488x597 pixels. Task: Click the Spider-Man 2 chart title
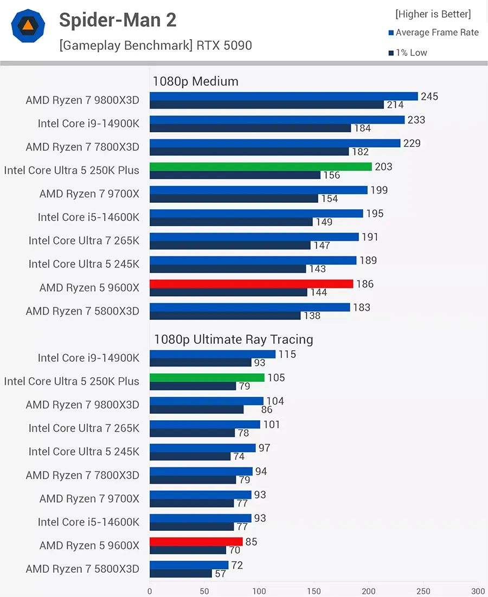(x=117, y=21)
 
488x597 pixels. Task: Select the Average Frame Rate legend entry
(x=433, y=33)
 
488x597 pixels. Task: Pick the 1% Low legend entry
(x=407, y=53)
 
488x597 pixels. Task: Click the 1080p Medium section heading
(x=195, y=81)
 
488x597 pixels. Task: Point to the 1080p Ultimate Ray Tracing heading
(x=233, y=339)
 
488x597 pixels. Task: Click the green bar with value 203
(x=260, y=166)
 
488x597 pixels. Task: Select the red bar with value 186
(x=251, y=284)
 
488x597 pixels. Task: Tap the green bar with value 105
(x=207, y=377)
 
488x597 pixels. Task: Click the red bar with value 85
(x=196, y=541)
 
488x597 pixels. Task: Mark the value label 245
(x=429, y=97)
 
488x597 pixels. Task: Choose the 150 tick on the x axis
(x=314, y=591)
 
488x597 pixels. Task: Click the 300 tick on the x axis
(x=478, y=591)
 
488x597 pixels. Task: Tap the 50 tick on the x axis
(x=204, y=591)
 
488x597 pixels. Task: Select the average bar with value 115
(x=212, y=354)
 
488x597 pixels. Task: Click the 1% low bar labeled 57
(x=181, y=573)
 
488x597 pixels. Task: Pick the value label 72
(x=237, y=566)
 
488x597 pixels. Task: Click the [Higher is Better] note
(x=433, y=14)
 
